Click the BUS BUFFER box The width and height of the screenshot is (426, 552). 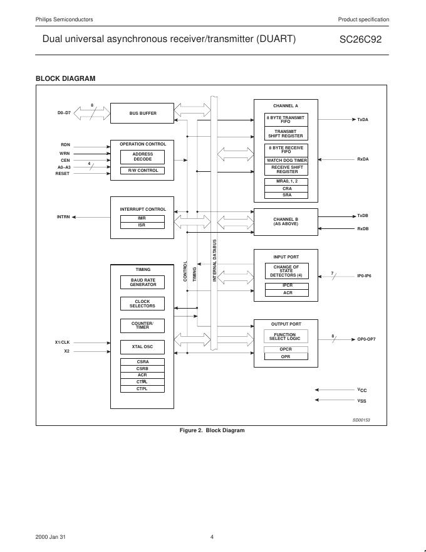pyautogui.click(x=143, y=114)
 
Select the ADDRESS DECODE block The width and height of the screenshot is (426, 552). pyautogui.click(x=142, y=157)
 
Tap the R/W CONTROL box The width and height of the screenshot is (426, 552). pyautogui.click(x=142, y=171)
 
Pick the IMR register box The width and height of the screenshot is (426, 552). pyautogui.click(x=142, y=218)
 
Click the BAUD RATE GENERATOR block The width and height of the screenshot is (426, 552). pyautogui.click(x=142, y=282)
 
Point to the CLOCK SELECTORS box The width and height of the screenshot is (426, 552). pyautogui.click(x=142, y=304)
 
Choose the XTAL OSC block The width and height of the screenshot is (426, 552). pyautogui.click(x=142, y=346)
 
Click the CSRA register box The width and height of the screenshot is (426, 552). pyautogui.click(x=142, y=362)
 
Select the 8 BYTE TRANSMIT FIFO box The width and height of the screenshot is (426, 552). pyautogui.click(x=286, y=120)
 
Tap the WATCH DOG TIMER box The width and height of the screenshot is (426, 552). pyautogui.click(x=286, y=161)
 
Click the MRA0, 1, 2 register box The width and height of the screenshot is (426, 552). pyautogui.click(x=286, y=181)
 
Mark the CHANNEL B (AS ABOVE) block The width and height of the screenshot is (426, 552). pyautogui.click(x=286, y=221)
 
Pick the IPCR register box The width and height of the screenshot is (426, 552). pyautogui.click(x=286, y=286)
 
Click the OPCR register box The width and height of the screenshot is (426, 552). pyautogui.click(x=286, y=349)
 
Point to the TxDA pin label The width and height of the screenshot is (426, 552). pyautogui.click(x=363, y=119)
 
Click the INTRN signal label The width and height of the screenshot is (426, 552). pyautogui.click(x=63, y=217)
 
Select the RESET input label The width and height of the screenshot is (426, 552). pyautogui.click(x=63, y=174)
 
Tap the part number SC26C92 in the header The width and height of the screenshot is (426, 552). pyautogui.click(x=360, y=39)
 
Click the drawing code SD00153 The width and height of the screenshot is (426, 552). pyautogui.click(x=361, y=420)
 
